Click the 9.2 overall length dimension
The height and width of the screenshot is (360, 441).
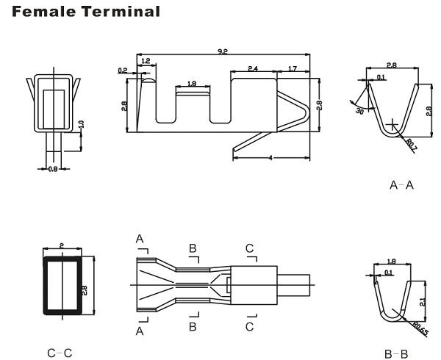coord(223,51)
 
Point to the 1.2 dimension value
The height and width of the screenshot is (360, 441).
coord(146,60)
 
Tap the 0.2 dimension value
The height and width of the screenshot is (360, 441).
coord(122,71)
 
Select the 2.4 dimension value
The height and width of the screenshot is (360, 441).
coord(252,68)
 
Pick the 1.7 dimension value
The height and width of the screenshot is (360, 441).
coord(293,68)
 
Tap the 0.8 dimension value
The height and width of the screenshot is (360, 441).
coord(52,169)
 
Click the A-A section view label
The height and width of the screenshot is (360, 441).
coord(401,185)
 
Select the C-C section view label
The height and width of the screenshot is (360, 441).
coord(60,353)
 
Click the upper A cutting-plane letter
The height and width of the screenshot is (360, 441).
coord(139,239)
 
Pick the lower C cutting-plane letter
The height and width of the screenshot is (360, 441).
coord(251,325)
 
